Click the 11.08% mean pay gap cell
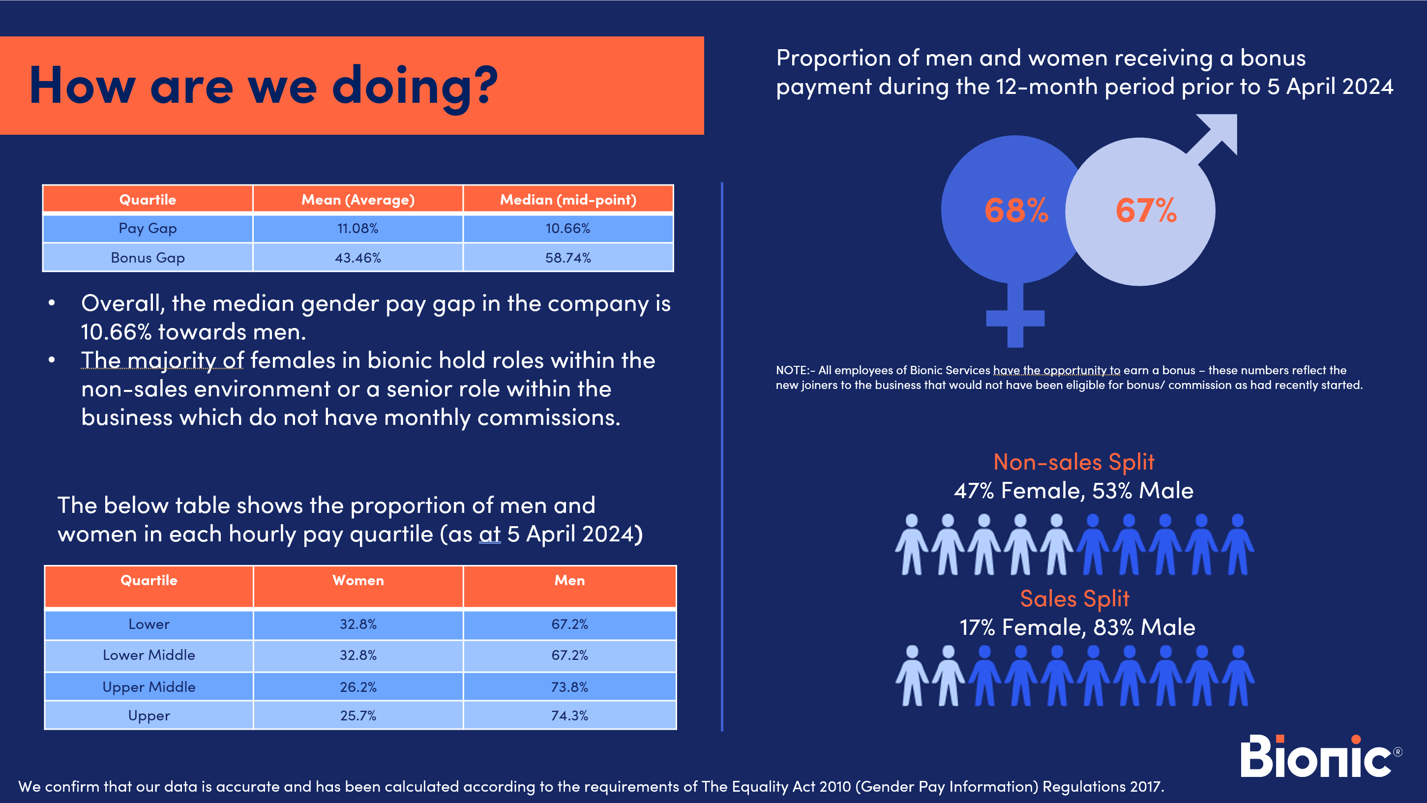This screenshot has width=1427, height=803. (358, 228)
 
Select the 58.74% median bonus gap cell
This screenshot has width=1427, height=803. (568, 258)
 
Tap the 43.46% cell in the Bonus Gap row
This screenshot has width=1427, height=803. (358, 258)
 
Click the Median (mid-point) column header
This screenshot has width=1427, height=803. (568, 199)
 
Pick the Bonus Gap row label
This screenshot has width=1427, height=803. (148, 258)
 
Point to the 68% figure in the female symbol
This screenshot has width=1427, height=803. (1016, 210)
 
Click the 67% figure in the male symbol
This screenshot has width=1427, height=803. (1146, 210)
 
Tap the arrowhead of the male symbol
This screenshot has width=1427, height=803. (1221, 130)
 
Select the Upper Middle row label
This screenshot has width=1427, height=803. (149, 686)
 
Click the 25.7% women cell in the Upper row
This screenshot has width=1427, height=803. (358, 715)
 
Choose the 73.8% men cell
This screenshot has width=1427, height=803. (569, 686)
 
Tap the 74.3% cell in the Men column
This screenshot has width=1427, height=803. (569, 715)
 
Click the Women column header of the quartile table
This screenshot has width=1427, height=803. (358, 580)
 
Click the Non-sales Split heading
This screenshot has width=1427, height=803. (1073, 462)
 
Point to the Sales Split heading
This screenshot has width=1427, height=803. (1075, 598)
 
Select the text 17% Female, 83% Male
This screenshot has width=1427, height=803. (1077, 627)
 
